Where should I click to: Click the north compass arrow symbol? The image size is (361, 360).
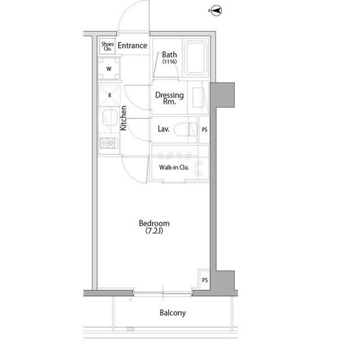pyautogui.click(x=215, y=11)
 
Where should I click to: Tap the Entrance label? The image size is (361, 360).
pyautogui.click(x=133, y=46)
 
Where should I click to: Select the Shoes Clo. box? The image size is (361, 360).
pyautogui.click(x=108, y=46)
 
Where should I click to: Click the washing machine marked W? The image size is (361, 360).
pyautogui.click(x=109, y=69)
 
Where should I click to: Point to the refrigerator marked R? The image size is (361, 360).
pyautogui.click(x=109, y=95)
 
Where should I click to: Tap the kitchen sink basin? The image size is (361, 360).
pyautogui.click(x=110, y=117)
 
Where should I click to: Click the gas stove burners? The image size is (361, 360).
pyautogui.click(x=109, y=143)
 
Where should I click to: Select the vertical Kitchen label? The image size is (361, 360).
pyautogui.click(x=124, y=118)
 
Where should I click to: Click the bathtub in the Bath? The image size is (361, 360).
pyautogui.click(x=196, y=58)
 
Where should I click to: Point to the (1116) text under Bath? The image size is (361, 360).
pyautogui.click(x=169, y=61)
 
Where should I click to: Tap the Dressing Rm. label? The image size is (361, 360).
pyautogui.click(x=169, y=98)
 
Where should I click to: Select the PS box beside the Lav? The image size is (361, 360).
pyautogui.click(x=204, y=130)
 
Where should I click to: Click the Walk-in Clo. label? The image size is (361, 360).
pyautogui.click(x=174, y=167)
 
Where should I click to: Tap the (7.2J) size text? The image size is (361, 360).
pyautogui.click(x=154, y=230)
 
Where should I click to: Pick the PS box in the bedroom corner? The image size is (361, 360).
pyautogui.click(x=205, y=280)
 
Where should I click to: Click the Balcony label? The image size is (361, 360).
pyautogui.click(x=173, y=313)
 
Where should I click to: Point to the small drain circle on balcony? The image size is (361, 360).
pyautogui.click(x=130, y=300)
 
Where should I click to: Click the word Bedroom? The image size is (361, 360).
pyautogui.click(x=154, y=223)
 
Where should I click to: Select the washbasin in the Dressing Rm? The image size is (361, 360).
pyautogui.click(x=198, y=97)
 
